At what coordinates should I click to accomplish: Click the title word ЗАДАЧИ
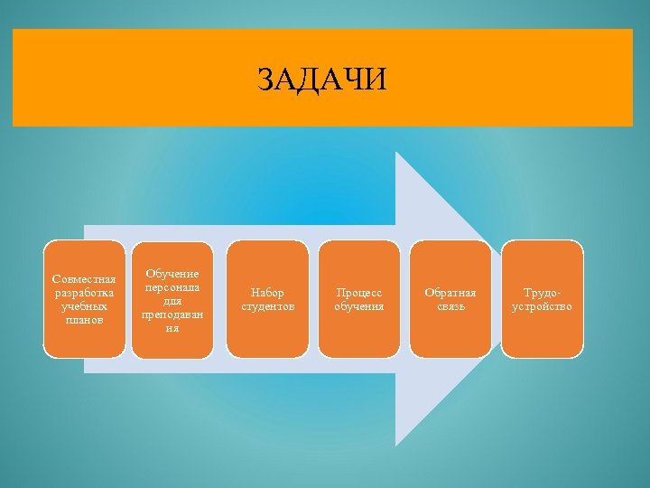tap(321, 80)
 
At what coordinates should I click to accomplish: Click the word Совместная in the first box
tap(84, 279)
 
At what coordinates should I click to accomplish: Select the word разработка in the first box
tap(84, 293)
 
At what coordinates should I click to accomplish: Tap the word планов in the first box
tap(84, 320)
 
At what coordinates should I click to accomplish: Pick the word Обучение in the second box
tap(172, 274)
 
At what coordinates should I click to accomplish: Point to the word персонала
tap(172, 286)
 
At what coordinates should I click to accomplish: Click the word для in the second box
tap(172, 300)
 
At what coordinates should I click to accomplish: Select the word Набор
tap(267, 293)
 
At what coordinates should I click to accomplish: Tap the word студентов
tap(267, 306)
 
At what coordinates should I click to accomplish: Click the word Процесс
tap(359, 293)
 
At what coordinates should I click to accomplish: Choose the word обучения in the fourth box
tap(359, 306)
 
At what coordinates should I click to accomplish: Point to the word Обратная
tap(450, 293)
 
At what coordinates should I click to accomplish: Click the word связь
tap(450, 306)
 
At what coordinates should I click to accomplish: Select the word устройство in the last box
tap(542, 306)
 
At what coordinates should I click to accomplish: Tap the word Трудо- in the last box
tap(542, 293)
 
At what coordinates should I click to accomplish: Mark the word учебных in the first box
tap(84, 306)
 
